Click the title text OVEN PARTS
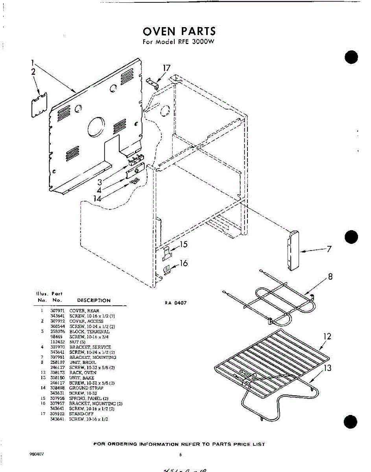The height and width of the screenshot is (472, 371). pos(179,31)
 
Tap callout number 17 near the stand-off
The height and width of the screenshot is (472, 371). pos(166,68)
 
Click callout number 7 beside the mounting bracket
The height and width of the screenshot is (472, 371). pos(329,249)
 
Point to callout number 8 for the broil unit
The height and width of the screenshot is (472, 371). pos(330,277)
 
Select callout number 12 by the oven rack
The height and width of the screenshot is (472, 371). pos(327,337)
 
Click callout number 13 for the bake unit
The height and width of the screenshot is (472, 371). pos(327,368)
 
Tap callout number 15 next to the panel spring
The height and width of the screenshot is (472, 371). pos(183,245)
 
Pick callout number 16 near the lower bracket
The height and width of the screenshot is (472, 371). pos(183,263)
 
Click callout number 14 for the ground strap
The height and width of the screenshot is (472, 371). pos(98,199)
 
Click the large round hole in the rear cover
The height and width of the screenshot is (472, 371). pos(96,127)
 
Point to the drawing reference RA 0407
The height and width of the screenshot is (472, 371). pos(176,303)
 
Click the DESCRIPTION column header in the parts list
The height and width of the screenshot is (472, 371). pos(94,301)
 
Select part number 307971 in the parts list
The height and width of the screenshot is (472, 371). pos(57,311)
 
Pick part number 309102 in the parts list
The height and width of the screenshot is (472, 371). pos(57,414)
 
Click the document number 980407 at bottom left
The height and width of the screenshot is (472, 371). pos(37,454)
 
